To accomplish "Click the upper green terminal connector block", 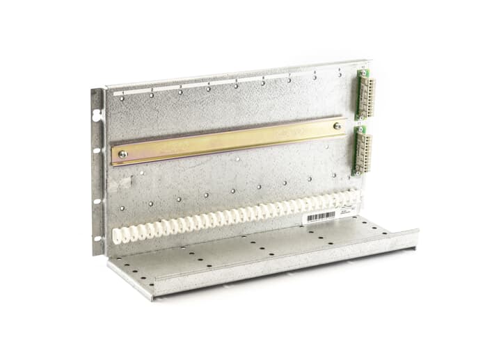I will [x=364, y=94].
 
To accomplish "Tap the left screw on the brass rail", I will [x=123, y=154].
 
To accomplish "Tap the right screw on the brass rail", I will [x=337, y=126].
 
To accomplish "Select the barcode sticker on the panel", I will [x=320, y=217].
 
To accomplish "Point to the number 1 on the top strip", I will [x=123, y=92].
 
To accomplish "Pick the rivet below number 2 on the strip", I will [x=152, y=95].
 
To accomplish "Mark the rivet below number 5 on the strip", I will [x=236, y=86].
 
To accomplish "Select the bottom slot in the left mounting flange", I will [x=97, y=239].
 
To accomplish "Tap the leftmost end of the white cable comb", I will [x=117, y=236].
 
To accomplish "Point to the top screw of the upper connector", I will [x=363, y=73].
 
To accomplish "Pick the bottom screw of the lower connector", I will [x=356, y=171].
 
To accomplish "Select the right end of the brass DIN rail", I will [x=345, y=126].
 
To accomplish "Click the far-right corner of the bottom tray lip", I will [x=417, y=232].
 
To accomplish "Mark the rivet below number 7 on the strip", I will [x=289, y=80].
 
